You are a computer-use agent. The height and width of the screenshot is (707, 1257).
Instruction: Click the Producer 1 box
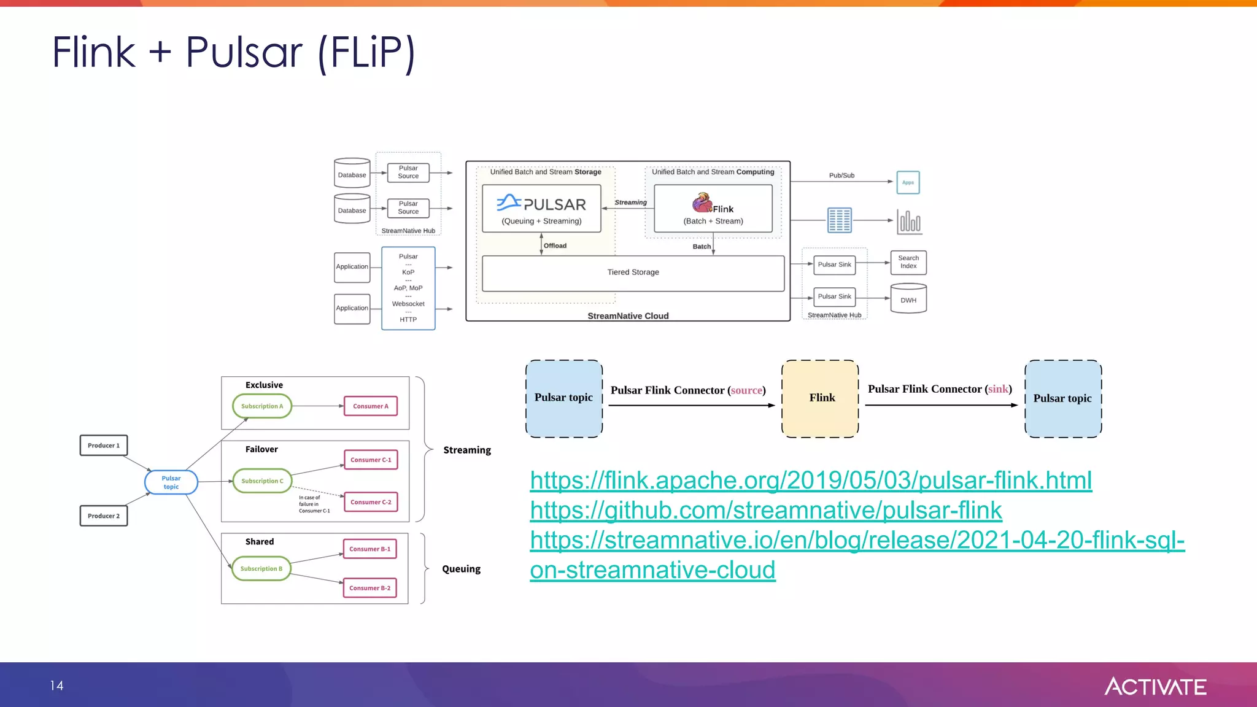pyautogui.click(x=104, y=446)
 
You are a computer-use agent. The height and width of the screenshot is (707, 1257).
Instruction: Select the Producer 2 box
pyautogui.click(x=104, y=516)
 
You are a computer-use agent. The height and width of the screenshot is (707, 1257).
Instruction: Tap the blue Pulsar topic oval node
pyautogui.click(x=171, y=482)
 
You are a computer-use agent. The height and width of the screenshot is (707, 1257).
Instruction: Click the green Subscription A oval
pyautogui.click(x=262, y=406)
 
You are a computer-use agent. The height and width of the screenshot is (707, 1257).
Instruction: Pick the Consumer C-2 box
pyautogui.click(x=371, y=502)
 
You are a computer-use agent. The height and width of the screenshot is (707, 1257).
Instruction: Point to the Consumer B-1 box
pyautogui.click(x=369, y=549)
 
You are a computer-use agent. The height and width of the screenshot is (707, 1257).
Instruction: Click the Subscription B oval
pyautogui.click(x=261, y=569)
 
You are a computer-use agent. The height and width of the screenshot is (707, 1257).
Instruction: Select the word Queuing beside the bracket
pyautogui.click(x=462, y=569)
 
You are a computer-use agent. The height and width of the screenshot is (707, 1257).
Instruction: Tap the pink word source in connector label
pyautogui.click(x=746, y=390)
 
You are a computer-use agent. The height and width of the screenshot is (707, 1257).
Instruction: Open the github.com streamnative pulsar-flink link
pyautogui.click(x=765, y=510)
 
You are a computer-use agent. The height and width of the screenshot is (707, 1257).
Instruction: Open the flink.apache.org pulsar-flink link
pyautogui.click(x=810, y=480)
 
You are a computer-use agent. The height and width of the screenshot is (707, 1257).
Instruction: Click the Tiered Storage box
pyautogui.click(x=633, y=272)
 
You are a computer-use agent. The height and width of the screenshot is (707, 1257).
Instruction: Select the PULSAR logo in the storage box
pyautogui.click(x=541, y=203)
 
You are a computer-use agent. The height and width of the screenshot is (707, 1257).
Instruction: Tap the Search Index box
pyautogui.click(x=908, y=262)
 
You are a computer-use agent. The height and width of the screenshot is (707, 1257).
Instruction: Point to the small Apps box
pyautogui.click(x=908, y=182)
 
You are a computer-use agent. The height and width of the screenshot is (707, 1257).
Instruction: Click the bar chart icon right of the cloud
pyautogui.click(x=909, y=221)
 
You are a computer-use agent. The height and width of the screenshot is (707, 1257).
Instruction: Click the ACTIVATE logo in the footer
pyautogui.click(x=1155, y=686)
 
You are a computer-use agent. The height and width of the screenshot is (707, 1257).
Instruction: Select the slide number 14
pyautogui.click(x=57, y=686)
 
